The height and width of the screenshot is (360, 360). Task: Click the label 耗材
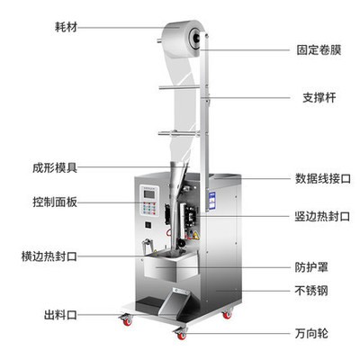[x=66, y=27]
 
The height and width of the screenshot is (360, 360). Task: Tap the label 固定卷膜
[x=319, y=49]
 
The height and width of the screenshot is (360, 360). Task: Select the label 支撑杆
[x=319, y=97]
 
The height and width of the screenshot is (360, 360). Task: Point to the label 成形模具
[x=55, y=167]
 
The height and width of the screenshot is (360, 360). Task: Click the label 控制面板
[x=55, y=202]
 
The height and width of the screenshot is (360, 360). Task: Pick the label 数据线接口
[x=323, y=179]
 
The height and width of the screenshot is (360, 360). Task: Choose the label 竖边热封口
[x=322, y=216]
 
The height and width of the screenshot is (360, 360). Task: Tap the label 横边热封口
[x=49, y=256]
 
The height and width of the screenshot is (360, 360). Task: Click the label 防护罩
[x=311, y=267]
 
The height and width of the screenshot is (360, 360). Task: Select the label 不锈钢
[x=311, y=291]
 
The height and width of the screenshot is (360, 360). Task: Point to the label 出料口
[x=60, y=315]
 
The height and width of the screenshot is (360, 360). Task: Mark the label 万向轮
[x=311, y=333]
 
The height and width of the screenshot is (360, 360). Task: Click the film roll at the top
[x=182, y=39]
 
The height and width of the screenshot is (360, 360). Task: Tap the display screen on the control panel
[x=149, y=194]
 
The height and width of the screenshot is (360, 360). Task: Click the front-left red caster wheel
[x=127, y=321]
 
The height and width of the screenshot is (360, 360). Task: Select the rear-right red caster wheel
[x=227, y=315]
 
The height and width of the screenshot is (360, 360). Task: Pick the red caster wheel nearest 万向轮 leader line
[x=181, y=336]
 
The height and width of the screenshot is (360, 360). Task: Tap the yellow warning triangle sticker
[x=196, y=236]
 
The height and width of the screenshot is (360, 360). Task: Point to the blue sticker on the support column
[x=211, y=201]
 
